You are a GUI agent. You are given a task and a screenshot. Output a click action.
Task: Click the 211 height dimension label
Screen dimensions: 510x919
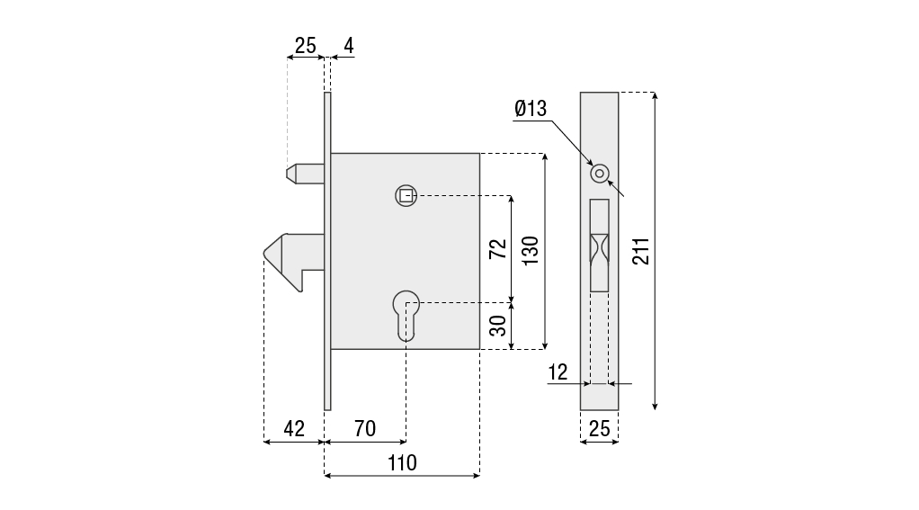(640, 251)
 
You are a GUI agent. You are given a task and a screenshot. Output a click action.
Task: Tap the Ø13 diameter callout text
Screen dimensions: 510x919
(531, 110)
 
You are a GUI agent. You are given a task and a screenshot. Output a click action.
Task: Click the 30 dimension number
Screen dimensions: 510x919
(497, 326)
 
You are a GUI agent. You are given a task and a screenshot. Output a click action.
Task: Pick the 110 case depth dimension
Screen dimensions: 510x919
(401, 463)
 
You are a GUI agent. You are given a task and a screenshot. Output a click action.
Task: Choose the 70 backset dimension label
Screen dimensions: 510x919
(364, 429)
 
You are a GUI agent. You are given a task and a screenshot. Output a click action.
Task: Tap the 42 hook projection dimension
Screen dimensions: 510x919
(294, 429)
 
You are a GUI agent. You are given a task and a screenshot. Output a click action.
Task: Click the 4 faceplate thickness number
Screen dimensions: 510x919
(347, 45)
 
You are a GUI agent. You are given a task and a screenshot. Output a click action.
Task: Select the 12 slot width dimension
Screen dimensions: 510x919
(558, 372)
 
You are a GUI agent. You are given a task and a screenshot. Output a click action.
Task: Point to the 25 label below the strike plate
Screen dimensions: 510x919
(599, 429)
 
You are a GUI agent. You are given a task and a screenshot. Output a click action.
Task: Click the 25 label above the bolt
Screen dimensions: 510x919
(306, 45)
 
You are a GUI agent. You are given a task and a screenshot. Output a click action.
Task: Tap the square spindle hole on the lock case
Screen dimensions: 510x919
(406, 195)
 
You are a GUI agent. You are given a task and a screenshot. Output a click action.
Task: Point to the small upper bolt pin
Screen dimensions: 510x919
(304, 172)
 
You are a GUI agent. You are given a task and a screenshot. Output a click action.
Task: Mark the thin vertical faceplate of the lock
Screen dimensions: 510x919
(327, 251)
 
